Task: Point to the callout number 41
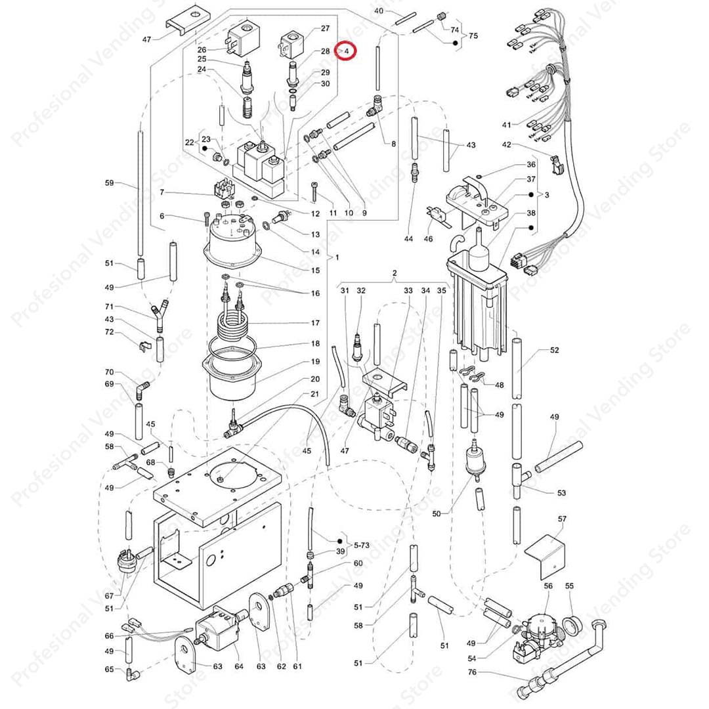click(505, 125)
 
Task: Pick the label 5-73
click(362, 545)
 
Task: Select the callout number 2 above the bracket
click(395, 273)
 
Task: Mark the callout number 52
click(555, 351)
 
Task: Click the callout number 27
click(325, 29)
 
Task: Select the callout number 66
click(109, 635)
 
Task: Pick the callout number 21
click(315, 394)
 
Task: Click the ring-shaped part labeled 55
click(572, 624)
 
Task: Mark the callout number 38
click(531, 213)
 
